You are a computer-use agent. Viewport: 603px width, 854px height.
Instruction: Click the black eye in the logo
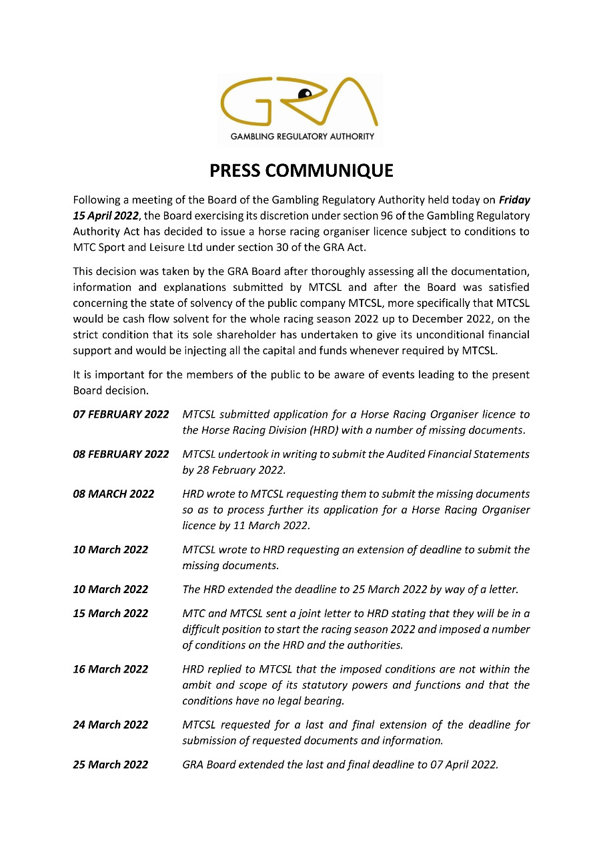click(x=306, y=93)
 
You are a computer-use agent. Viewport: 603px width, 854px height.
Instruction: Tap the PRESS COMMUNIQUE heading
click(x=301, y=171)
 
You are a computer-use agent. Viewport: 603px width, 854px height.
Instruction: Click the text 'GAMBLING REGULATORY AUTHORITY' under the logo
click(x=302, y=137)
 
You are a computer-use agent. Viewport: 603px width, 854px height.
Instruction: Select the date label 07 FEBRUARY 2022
click(x=121, y=414)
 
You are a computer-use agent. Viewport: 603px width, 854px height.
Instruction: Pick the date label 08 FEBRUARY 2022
click(x=121, y=454)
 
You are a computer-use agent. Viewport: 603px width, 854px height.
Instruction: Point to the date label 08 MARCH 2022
click(x=113, y=494)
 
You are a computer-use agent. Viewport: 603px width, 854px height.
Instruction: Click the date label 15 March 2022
click(x=111, y=613)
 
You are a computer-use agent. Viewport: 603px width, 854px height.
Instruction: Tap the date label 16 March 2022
click(x=111, y=669)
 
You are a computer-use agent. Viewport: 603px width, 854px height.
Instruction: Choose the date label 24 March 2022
click(x=111, y=725)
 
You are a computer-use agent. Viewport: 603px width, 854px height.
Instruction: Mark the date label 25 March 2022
click(x=111, y=765)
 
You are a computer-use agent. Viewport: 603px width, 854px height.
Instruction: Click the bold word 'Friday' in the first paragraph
click(x=514, y=199)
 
